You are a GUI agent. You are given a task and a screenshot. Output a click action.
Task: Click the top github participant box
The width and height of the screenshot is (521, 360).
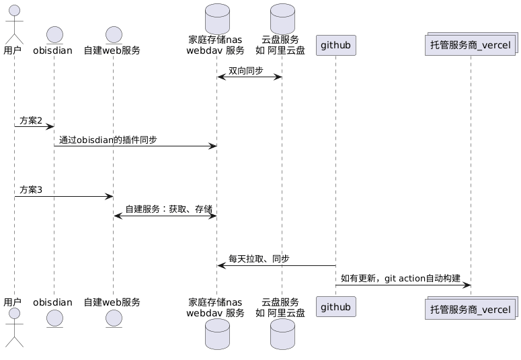pos(335,46)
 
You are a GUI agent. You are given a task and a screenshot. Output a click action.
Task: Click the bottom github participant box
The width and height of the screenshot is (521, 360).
pos(335,308)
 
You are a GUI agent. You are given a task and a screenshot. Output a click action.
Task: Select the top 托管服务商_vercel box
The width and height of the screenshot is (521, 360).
pos(471,46)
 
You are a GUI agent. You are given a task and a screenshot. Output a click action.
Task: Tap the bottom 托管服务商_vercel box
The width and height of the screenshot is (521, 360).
pos(471,308)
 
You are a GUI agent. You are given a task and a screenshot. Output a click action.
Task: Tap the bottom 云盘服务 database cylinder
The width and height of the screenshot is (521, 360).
pos(282,334)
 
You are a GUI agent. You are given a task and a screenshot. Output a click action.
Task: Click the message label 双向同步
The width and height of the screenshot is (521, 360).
pos(245,71)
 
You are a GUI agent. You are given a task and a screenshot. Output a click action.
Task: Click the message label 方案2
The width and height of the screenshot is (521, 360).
pos(31,120)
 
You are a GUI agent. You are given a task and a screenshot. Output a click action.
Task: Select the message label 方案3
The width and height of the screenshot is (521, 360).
pos(31,190)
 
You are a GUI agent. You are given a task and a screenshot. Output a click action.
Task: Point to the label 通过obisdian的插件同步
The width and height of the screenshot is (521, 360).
pos(108,140)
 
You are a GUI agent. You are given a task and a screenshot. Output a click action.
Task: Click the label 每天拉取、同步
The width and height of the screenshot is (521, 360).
pos(259,259)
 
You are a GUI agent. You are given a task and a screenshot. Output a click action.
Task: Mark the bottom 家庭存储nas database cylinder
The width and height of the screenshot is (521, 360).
pos(216,334)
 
